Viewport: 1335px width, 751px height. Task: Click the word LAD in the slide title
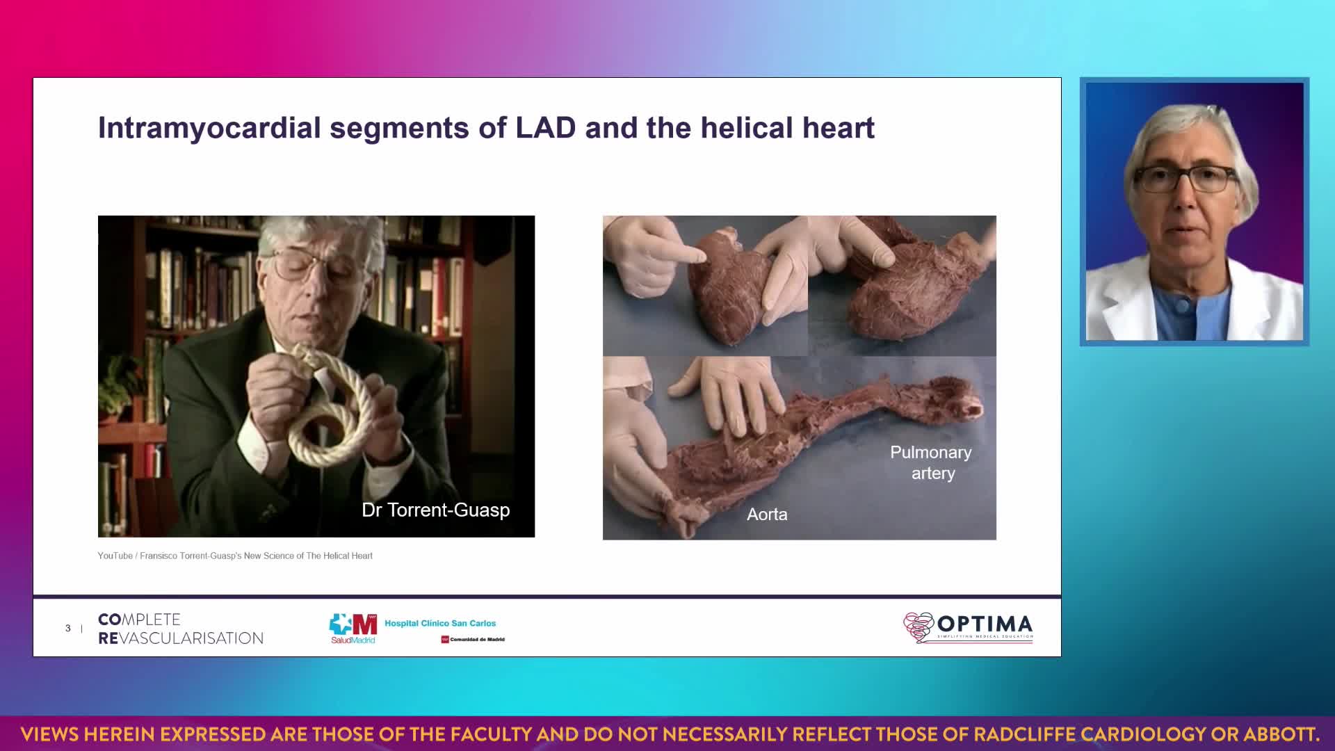(x=546, y=128)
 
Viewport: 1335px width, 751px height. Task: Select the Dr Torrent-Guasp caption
(x=436, y=510)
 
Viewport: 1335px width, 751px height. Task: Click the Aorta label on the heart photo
(x=767, y=515)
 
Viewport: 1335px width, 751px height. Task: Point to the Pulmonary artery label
(x=932, y=462)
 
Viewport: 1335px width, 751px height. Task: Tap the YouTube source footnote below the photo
(x=235, y=556)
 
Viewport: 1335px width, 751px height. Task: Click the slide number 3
(x=68, y=628)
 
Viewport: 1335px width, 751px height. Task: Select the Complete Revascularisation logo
(x=181, y=629)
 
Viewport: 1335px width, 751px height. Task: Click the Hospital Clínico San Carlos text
(x=440, y=623)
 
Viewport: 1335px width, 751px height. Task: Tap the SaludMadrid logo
(x=353, y=629)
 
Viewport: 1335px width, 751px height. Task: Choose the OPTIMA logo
(x=968, y=627)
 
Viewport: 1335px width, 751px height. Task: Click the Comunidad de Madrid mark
(x=473, y=639)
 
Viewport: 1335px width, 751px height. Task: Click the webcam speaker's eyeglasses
(x=1186, y=179)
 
